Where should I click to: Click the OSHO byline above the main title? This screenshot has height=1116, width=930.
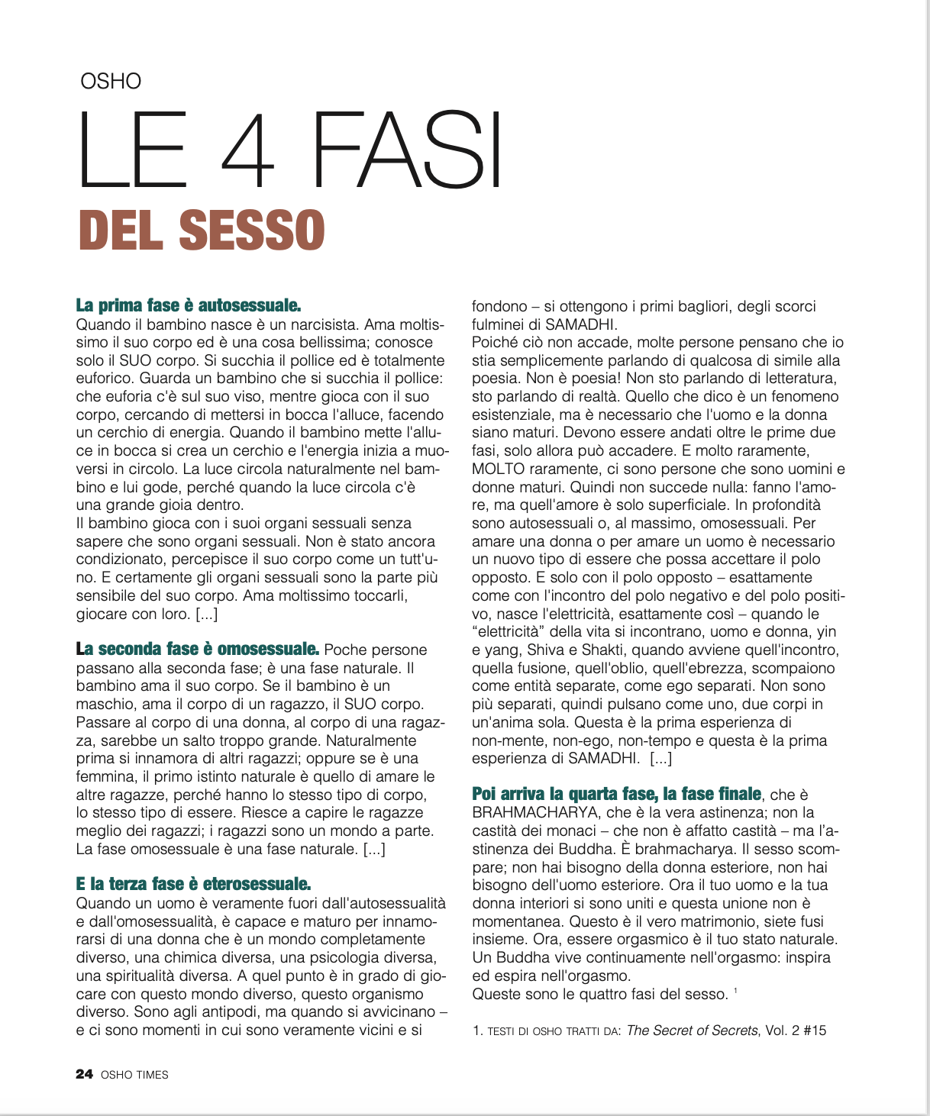point(111,81)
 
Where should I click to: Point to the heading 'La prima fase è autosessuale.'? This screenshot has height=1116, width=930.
point(189,305)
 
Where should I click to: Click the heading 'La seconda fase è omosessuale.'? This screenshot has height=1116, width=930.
point(198,650)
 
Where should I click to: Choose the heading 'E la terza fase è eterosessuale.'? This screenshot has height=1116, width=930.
point(193,885)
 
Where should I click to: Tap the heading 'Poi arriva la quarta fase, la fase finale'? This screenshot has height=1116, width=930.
point(616,794)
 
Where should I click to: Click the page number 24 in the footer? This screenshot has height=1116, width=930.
point(84,1075)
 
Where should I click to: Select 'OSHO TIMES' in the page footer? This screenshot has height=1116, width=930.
point(134,1075)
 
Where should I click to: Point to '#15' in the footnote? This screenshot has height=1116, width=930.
point(815,1031)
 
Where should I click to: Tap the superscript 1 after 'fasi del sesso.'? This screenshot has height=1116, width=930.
point(735,991)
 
